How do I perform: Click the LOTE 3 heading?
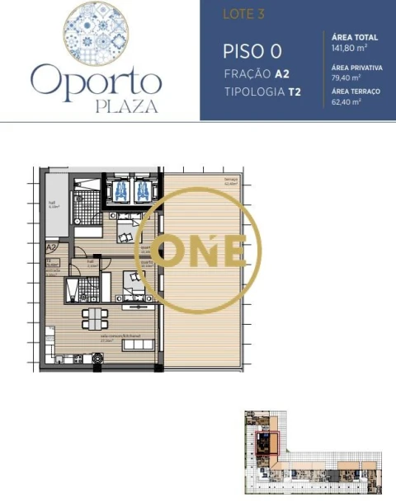238,15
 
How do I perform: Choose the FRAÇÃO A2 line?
256,73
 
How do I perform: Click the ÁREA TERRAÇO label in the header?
355,91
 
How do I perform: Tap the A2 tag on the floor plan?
51,246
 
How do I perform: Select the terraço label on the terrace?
230,180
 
